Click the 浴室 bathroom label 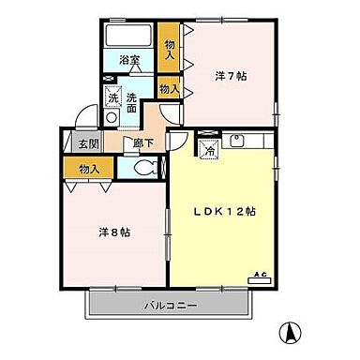129,62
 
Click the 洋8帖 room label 113,232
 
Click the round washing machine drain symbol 112,120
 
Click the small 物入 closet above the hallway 168,89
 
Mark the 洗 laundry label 112,97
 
